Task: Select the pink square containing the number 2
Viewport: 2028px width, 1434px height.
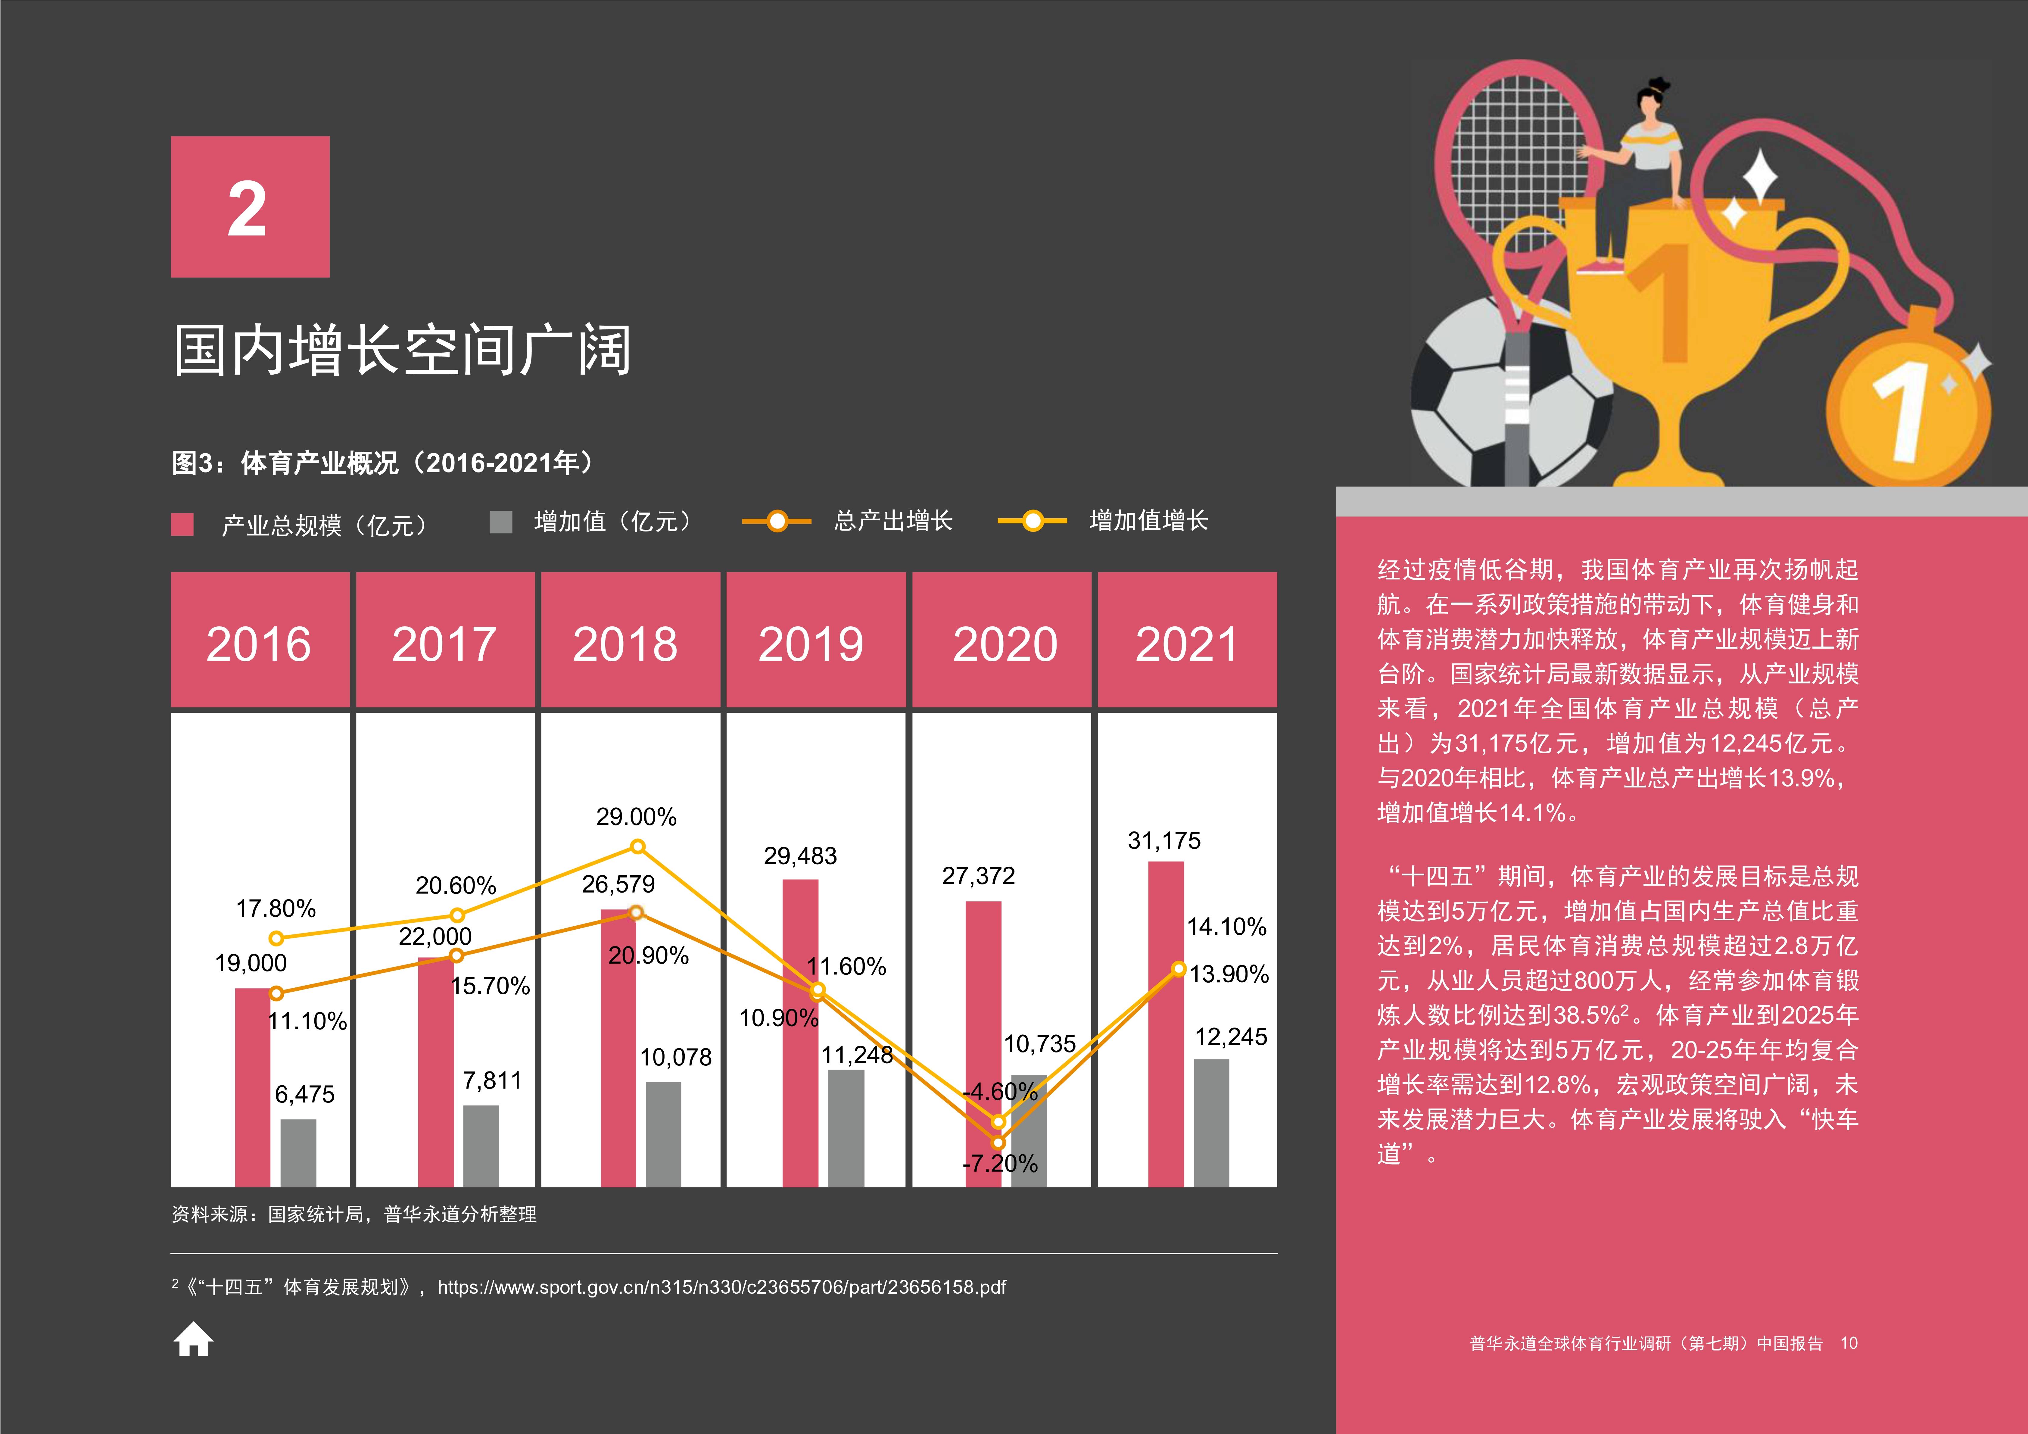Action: pyautogui.click(x=250, y=207)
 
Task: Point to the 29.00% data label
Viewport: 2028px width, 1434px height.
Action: pyautogui.click(x=636, y=816)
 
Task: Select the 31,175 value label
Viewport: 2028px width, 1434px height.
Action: pyautogui.click(x=1164, y=840)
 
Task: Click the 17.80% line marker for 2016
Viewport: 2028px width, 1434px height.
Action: pyautogui.click(x=276, y=937)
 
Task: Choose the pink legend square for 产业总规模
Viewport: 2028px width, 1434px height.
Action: pyautogui.click(x=182, y=524)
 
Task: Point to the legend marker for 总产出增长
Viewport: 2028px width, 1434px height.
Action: pyautogui.click(x=776, y=521)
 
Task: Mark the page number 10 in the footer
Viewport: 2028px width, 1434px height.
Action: pyautogui.click(x=1849, y=1343)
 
